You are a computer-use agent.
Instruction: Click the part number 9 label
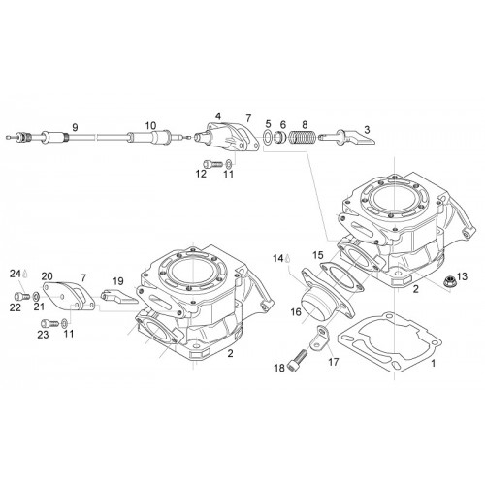click(75, 127)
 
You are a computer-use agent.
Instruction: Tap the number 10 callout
click(150, 125)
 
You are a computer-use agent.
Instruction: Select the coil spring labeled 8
click(302, 137)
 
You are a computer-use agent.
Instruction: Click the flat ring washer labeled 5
click(268, 138)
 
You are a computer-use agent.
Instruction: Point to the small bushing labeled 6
click(280, 137)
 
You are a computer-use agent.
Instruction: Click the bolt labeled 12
click(213, 164)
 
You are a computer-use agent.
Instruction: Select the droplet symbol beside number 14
click(287, 259)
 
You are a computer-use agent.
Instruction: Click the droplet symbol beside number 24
click(25, 275)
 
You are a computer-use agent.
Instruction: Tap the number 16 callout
click(296, 312)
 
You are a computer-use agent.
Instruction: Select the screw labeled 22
click(22, 296)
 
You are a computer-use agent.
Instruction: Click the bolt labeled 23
click(50, 323)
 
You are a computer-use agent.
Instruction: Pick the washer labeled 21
click(36, 296)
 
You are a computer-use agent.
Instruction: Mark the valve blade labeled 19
click(119, 297)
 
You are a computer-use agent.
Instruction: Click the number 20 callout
click(47, 276)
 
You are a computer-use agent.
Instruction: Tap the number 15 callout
click(318, 255)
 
